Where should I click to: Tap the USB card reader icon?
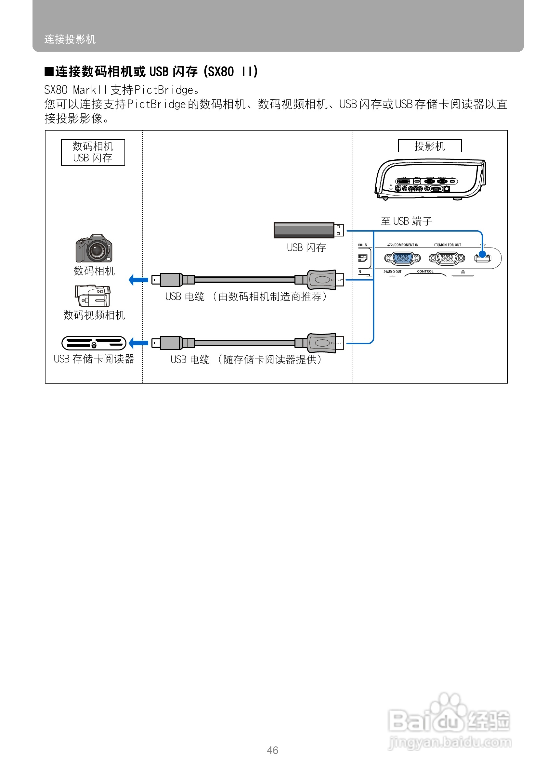(94, 343)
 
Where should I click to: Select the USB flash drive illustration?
(308, 230)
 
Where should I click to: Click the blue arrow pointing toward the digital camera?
(138, 279)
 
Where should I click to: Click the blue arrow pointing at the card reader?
(138, 343)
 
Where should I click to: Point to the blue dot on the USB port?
(482, 254)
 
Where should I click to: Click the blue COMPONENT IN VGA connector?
(402, 258)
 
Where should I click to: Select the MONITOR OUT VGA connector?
(447, 258)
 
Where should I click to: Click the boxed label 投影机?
(429, 146)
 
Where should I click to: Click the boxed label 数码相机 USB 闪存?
(93, 152)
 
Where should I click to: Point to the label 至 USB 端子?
(406, 221)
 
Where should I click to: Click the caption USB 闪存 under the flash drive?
(306, 247)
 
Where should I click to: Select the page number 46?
(272, 750)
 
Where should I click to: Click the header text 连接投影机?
(70, 39)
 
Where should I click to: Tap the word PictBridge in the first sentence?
(163, 90)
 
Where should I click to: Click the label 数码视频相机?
(94, 315)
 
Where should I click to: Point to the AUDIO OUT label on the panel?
(393, 272)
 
